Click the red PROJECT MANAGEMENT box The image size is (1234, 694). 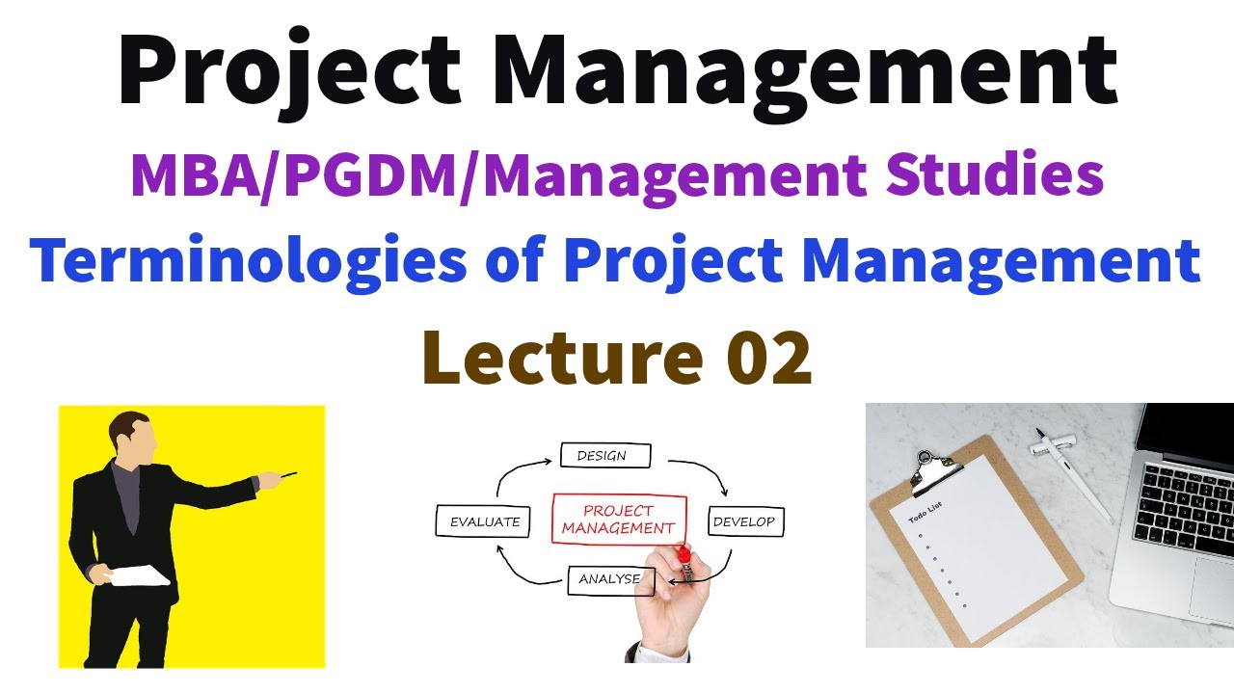click(619, 520)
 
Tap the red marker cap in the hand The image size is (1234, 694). click(684, 554)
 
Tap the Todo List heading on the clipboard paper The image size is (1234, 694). click(924, 520)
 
